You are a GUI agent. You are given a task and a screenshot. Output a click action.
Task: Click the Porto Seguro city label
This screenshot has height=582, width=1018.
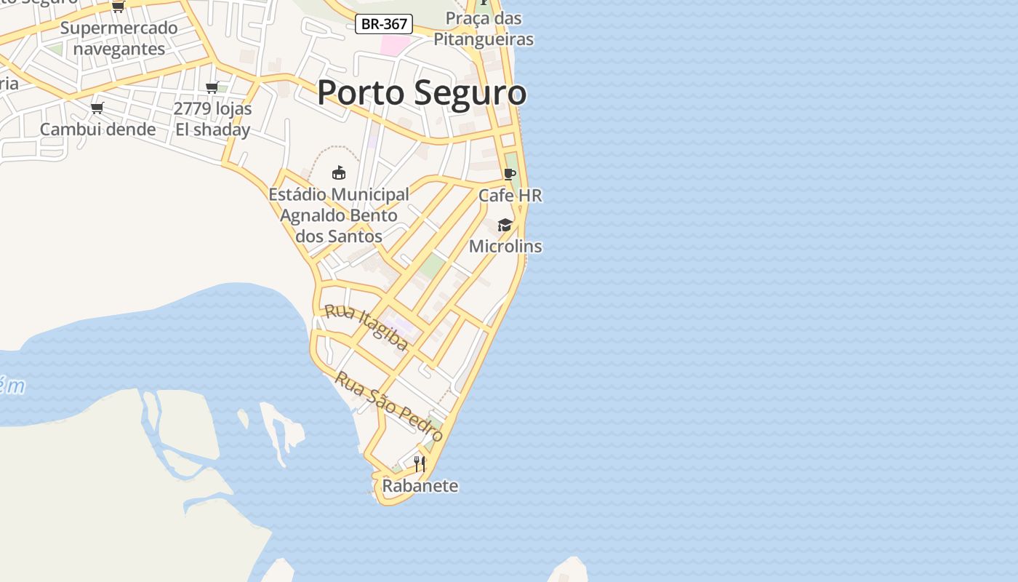point(422,93)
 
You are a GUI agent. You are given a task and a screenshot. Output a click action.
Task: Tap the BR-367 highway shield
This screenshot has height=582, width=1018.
point(385,24)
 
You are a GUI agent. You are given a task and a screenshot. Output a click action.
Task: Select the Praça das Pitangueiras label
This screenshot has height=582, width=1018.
point(484,28)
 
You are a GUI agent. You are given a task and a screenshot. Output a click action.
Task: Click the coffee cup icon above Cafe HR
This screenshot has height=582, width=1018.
point(510,175)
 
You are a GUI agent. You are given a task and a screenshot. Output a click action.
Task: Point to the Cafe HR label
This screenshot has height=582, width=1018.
point(510,196)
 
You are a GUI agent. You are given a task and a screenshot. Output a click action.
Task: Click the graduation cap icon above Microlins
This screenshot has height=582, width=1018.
point(505,225)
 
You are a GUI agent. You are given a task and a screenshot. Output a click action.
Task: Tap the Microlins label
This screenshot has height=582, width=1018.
point(505,246)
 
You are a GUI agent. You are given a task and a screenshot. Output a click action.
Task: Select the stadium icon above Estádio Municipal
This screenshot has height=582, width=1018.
point(338,173)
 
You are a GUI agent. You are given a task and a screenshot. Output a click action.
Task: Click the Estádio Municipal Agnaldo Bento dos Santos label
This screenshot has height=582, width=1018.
point(339,215)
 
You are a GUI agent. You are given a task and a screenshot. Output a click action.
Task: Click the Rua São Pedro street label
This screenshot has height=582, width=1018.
point(389,406)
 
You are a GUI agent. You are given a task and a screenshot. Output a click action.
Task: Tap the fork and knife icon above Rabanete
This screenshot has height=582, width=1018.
point(420,463)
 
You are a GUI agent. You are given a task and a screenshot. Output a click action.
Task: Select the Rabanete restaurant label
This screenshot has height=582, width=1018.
point(420,486)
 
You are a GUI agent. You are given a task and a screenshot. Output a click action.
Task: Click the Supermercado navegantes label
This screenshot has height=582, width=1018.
point(119,39)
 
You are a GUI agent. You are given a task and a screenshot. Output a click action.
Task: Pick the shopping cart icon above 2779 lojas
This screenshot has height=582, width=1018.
point(212,88)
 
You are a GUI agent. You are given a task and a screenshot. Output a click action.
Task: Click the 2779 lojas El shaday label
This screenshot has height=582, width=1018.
point(213,119)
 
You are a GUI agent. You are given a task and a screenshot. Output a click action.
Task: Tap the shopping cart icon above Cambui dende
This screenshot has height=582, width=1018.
point(97,108)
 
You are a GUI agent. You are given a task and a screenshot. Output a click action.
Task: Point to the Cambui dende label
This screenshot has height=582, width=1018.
point(97,129)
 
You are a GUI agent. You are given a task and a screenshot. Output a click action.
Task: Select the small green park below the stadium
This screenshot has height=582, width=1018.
point(432,266)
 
